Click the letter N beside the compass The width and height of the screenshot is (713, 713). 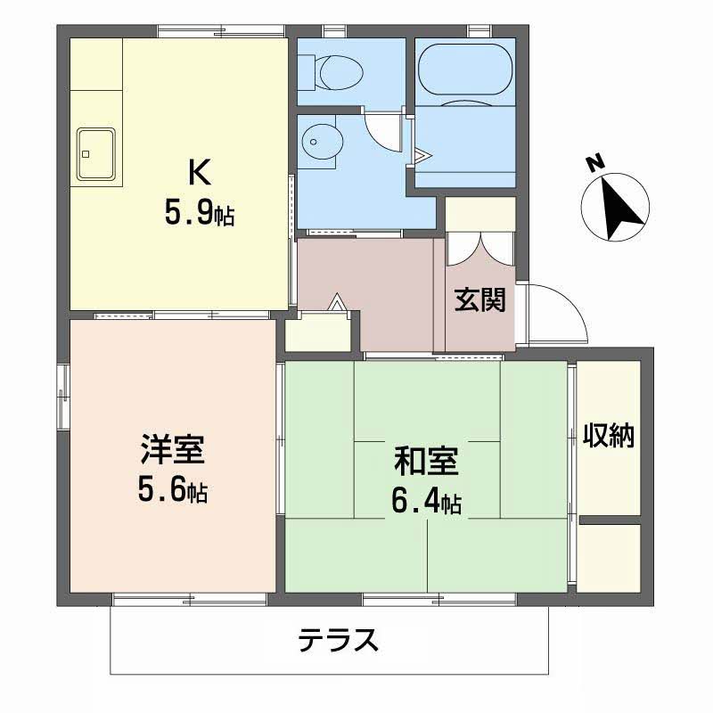pos(593,163)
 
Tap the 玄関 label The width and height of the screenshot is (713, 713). pos(480,300)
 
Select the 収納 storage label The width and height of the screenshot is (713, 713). pos(609,436)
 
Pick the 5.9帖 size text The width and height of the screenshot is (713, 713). pos(200,214)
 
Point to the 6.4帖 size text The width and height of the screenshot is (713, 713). pos(426,504)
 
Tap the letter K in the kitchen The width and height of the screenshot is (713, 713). pos(198,171)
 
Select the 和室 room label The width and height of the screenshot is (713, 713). pos(426,463)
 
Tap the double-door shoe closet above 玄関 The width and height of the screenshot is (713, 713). pos(480,249)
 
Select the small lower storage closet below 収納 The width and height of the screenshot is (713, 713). pos(610,557)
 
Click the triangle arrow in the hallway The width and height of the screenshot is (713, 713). pos(338,302)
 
